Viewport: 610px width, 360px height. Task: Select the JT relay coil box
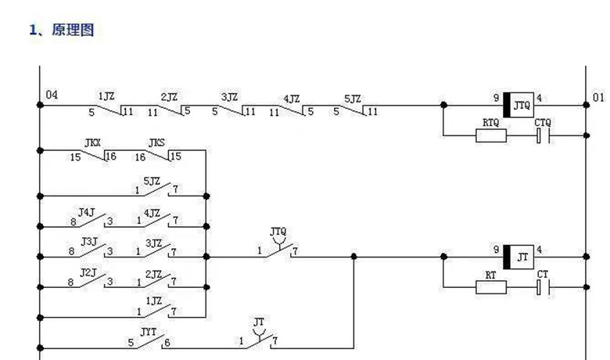519,255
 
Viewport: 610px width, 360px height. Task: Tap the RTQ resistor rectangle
491,135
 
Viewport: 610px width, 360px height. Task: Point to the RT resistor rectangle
491,286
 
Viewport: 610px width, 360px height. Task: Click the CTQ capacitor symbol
544,135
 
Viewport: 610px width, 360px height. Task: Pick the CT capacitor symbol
544,286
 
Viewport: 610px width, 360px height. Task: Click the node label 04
52,95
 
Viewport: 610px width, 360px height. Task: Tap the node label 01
598,98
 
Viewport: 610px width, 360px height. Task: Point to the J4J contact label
87,212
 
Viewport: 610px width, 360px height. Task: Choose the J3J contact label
89,242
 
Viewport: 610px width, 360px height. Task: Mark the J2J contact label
89,272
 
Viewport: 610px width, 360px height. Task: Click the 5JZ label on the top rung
353,99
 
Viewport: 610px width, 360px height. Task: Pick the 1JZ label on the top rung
107,97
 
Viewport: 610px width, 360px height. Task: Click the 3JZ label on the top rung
229,98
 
